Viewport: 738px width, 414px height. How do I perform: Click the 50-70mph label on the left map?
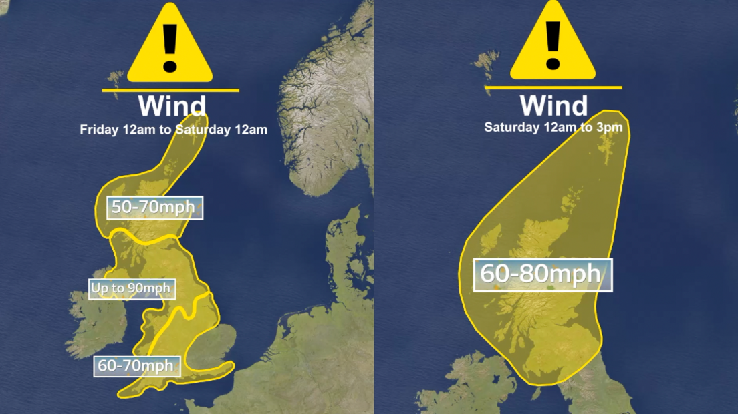[153, 207]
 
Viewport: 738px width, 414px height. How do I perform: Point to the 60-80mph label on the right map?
[542, 274]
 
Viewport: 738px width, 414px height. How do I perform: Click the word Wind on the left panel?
[172, 107]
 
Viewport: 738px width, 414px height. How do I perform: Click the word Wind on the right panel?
[553, 105]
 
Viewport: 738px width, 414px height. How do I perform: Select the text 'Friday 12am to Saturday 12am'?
[174, 130]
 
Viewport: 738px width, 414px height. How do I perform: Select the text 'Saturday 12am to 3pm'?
[553, 127]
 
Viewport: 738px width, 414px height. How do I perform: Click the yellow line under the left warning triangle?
[170, 90]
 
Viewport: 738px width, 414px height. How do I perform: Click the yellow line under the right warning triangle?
[553, 87]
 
